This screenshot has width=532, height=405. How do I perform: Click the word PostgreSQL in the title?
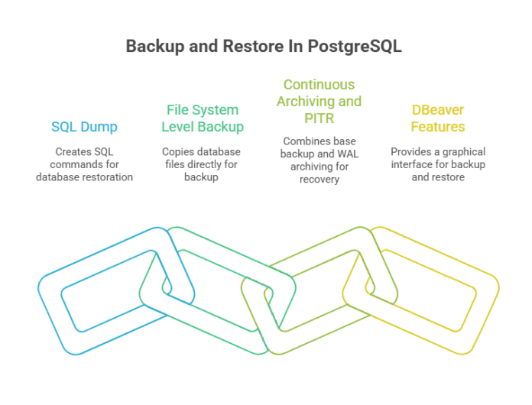point(356,47)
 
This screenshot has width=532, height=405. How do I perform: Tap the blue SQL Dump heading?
point(85,126)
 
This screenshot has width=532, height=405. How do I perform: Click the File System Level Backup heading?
point(203,118)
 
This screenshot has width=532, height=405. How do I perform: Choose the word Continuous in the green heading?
point(319,84)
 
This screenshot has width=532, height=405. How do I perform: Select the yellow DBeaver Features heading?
point(438,118)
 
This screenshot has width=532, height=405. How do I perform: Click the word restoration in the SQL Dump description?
point(109,177)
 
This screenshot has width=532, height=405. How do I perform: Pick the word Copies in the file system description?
point(177,152)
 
